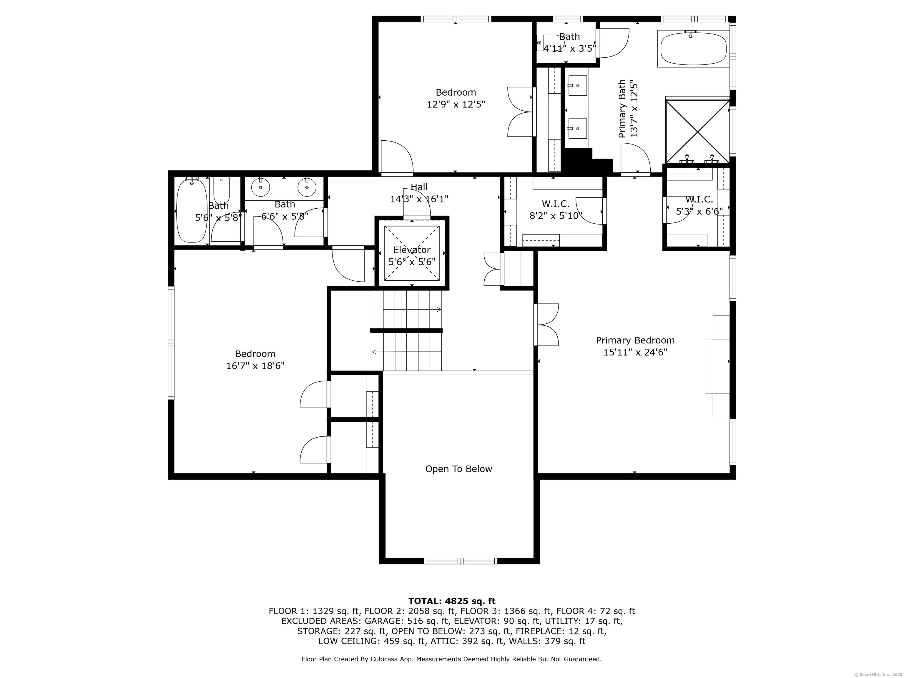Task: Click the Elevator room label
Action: click(x=412, y=250)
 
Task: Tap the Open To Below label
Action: click(x=458, y=469)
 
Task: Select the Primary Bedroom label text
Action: click(x=635, y=340)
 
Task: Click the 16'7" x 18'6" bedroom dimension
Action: click(x=255, y=366)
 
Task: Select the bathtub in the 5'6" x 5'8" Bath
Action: click(x=191, y=211)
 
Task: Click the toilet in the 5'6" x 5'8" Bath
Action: click(x=222, y=190)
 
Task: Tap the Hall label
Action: click(x=419, y=187)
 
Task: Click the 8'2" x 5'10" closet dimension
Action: click(x=556, y=215)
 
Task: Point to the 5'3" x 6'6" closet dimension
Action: click(x=699, y=211)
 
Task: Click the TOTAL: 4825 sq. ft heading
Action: click(x=452, y=601)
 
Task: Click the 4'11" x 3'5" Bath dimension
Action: click(x=570, y=49)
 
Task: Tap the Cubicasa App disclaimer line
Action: click(x=452, y=659)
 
